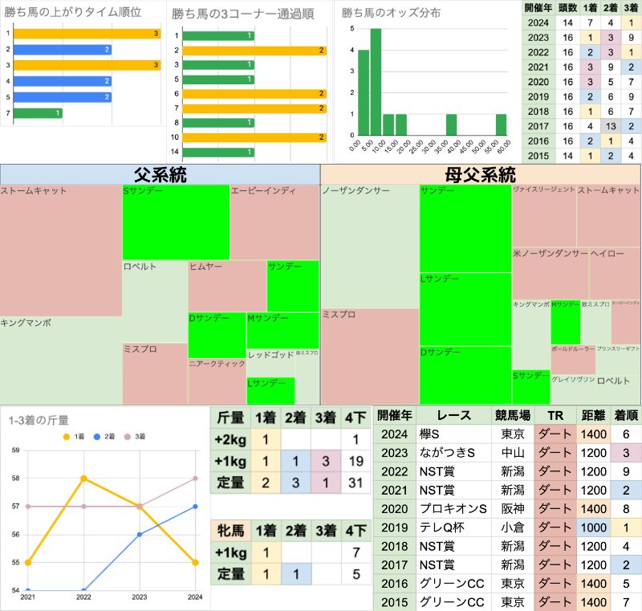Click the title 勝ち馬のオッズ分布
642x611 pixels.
[x=386, y=14]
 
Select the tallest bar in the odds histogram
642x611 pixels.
[x=376, y=81]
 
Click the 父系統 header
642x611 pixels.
[x=160, y=174]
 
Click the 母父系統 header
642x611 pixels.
[x=480, y=174]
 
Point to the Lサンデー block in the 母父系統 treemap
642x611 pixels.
[x=465, y=308]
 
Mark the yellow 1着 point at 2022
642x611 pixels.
[x=83, y=479]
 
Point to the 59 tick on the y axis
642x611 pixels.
[x=16, y=450]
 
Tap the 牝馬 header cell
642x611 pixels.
[x=229, y=530]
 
